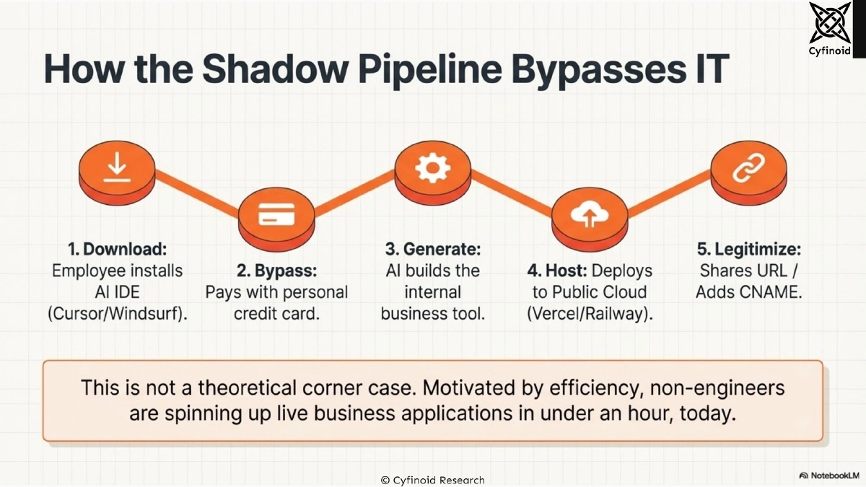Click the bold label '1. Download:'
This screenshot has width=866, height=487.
tap(117, 250)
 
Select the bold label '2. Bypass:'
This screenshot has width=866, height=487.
tap(276, 272)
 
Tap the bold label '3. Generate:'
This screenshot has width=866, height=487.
tap(432, 250)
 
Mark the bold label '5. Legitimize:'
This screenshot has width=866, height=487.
tap(748, 250)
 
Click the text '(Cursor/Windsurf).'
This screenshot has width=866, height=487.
tap(117, 315)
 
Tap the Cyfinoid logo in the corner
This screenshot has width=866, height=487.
tap(831, 29)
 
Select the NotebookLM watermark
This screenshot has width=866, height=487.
tap(829, 475)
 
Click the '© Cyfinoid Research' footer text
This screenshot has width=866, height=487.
tap(432, 480)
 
